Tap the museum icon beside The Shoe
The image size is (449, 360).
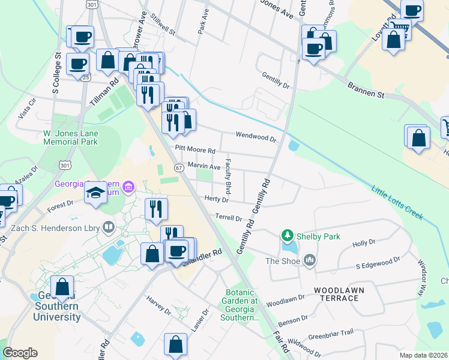point(310,260)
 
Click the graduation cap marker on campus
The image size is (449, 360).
point(95,194)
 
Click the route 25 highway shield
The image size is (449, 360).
point(86,77)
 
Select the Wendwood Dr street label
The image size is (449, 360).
point(256,137)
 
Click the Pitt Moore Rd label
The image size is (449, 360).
point(194,149)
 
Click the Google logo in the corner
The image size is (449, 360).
point(20,353)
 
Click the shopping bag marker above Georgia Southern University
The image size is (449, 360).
point(62,286)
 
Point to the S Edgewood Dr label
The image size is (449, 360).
point(377,263)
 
